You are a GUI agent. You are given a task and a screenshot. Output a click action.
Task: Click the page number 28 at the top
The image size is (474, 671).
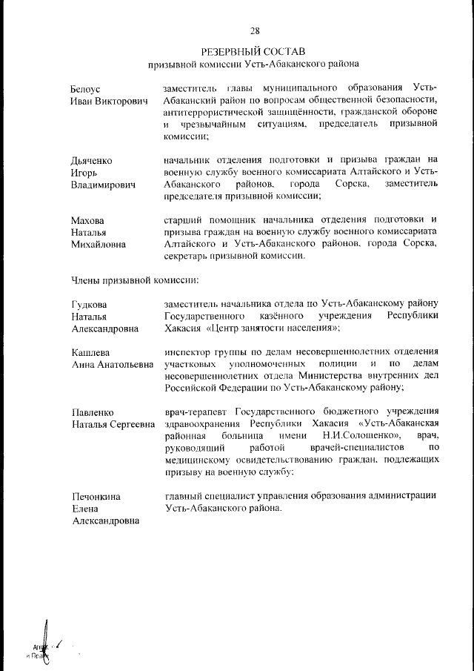pyautogui.click(x=255, y=30)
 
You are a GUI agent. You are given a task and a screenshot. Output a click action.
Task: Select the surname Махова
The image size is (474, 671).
pyautogui.click(x=88, y=220)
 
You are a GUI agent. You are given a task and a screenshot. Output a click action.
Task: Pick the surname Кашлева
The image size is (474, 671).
pyautogui.click(x=90, y=351)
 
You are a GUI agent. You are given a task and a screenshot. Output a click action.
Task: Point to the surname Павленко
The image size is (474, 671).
pyautogui.click(x=93, y=411)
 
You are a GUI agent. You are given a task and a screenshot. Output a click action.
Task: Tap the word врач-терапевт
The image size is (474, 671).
pyautogui.click(x=196, y=411)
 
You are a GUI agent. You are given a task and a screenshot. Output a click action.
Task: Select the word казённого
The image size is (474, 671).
pyautogui.click(x=293, y=316)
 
